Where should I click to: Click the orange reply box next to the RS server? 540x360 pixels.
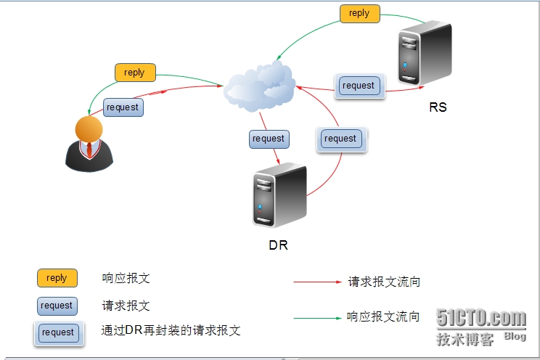pyautogui.click(x=359, y=14)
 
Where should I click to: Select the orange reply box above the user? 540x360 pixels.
pyautogui.click(x=134, y=73)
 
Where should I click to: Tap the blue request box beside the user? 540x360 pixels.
pyautogui.click(x=123, y=107)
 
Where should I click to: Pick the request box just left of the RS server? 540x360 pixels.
pyautogui.click(x=359, y=86)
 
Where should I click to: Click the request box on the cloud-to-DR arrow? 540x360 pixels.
pyautogui.click(x=269, y=139)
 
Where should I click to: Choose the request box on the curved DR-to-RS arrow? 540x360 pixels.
pyautogui.click(x=341, y=139)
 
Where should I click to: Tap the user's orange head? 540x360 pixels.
pyautogui.click(x=89, y=129)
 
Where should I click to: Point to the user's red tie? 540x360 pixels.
pyautogui.click(x=89, y=150)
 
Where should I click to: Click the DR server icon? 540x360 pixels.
pyautogui.click(x=279, y=197)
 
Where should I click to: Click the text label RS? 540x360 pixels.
pyautogui.click(x=438, y=107)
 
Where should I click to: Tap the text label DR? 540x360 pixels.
pyautogui.click(x=278, y=245)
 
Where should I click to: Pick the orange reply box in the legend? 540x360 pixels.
pyautogui.click(x=57, y=278)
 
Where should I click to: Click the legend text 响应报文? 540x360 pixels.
pyautogui.click(x=126, y=278)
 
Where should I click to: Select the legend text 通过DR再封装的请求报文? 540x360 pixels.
pyautogui.click(x=171, y=331)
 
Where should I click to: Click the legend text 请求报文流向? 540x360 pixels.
pyautogui.click(x=384, y=282)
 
